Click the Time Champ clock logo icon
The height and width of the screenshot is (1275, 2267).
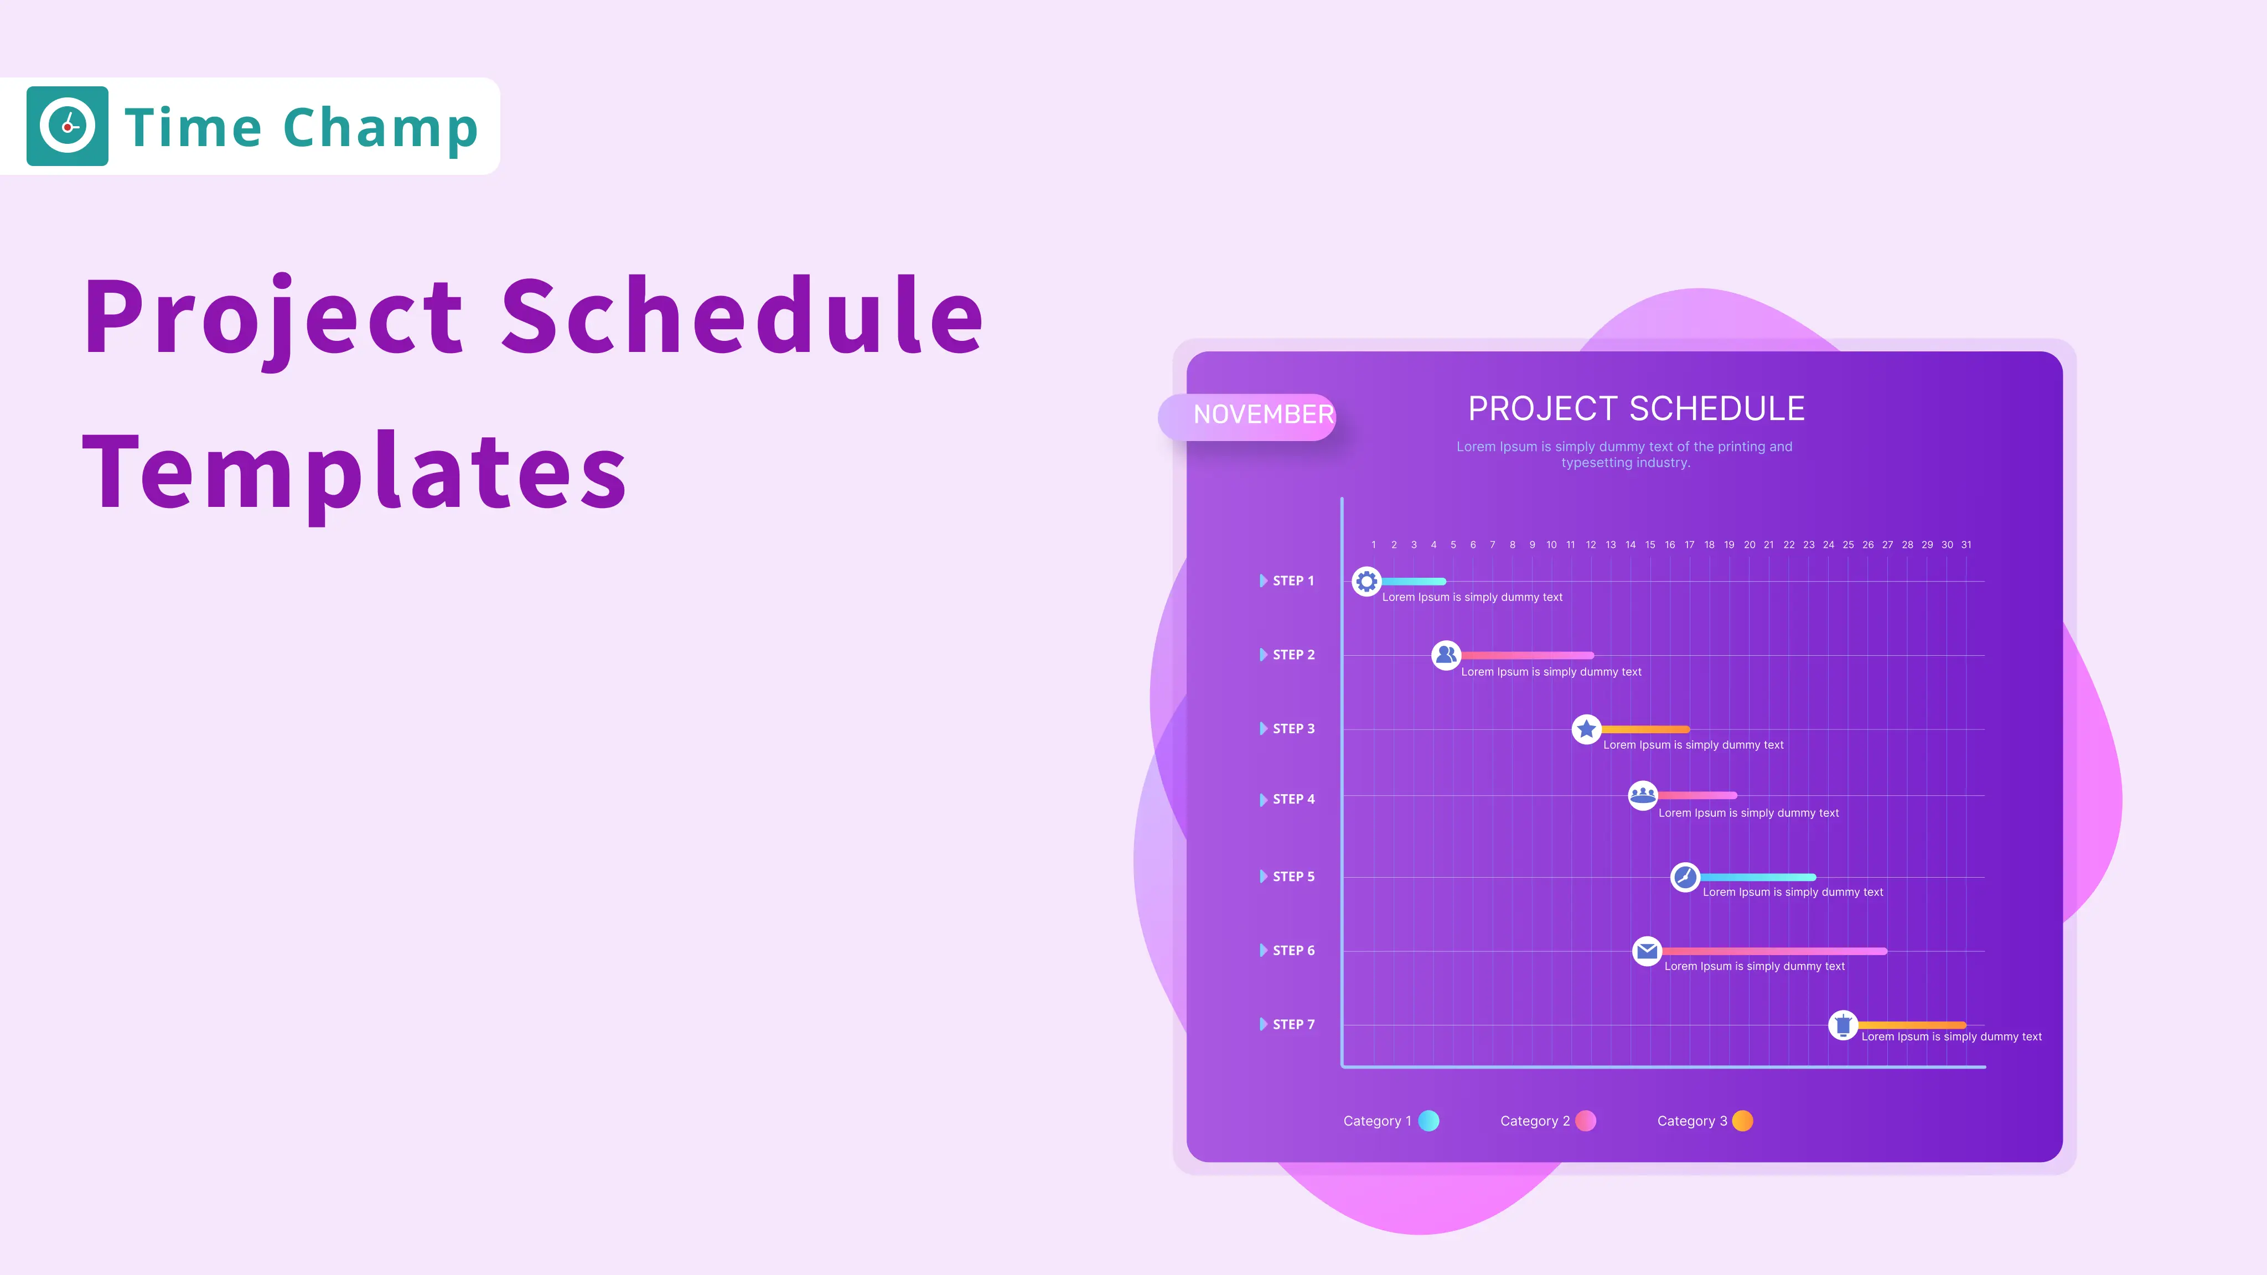67,126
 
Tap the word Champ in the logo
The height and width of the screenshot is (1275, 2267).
380,128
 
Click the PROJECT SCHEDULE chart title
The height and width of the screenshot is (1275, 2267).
1636,409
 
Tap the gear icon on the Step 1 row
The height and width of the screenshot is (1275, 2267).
1366,581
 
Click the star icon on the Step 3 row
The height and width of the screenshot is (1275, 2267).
1586,729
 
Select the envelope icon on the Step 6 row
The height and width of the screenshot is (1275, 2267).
1647,950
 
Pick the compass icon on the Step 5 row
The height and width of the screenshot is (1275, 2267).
1684,877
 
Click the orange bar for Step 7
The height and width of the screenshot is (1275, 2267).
1912,1024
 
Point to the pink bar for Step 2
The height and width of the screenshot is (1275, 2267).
1527,655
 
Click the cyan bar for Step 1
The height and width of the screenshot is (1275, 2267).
1414,581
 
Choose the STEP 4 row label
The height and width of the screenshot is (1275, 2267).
1293,799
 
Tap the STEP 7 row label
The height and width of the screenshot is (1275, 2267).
1293,1024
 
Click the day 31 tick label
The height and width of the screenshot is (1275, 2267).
1966,545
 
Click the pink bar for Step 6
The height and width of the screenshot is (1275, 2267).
1773,950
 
